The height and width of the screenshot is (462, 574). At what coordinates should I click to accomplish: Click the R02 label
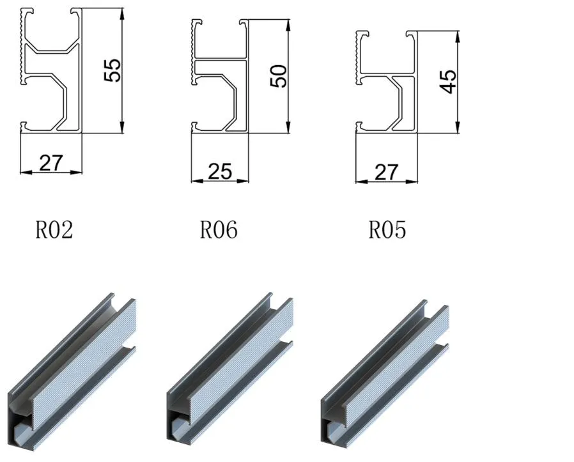54,229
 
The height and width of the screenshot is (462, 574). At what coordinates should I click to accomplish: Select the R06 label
219,229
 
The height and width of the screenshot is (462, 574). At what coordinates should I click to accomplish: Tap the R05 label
387,229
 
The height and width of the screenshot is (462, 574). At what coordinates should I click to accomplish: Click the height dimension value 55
112,70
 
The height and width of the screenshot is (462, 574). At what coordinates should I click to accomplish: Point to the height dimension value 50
278,76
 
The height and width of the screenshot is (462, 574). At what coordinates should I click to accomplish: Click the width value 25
220,171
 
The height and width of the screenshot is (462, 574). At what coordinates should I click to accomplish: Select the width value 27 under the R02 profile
51,163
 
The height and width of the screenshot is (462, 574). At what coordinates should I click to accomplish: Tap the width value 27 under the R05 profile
386,172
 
